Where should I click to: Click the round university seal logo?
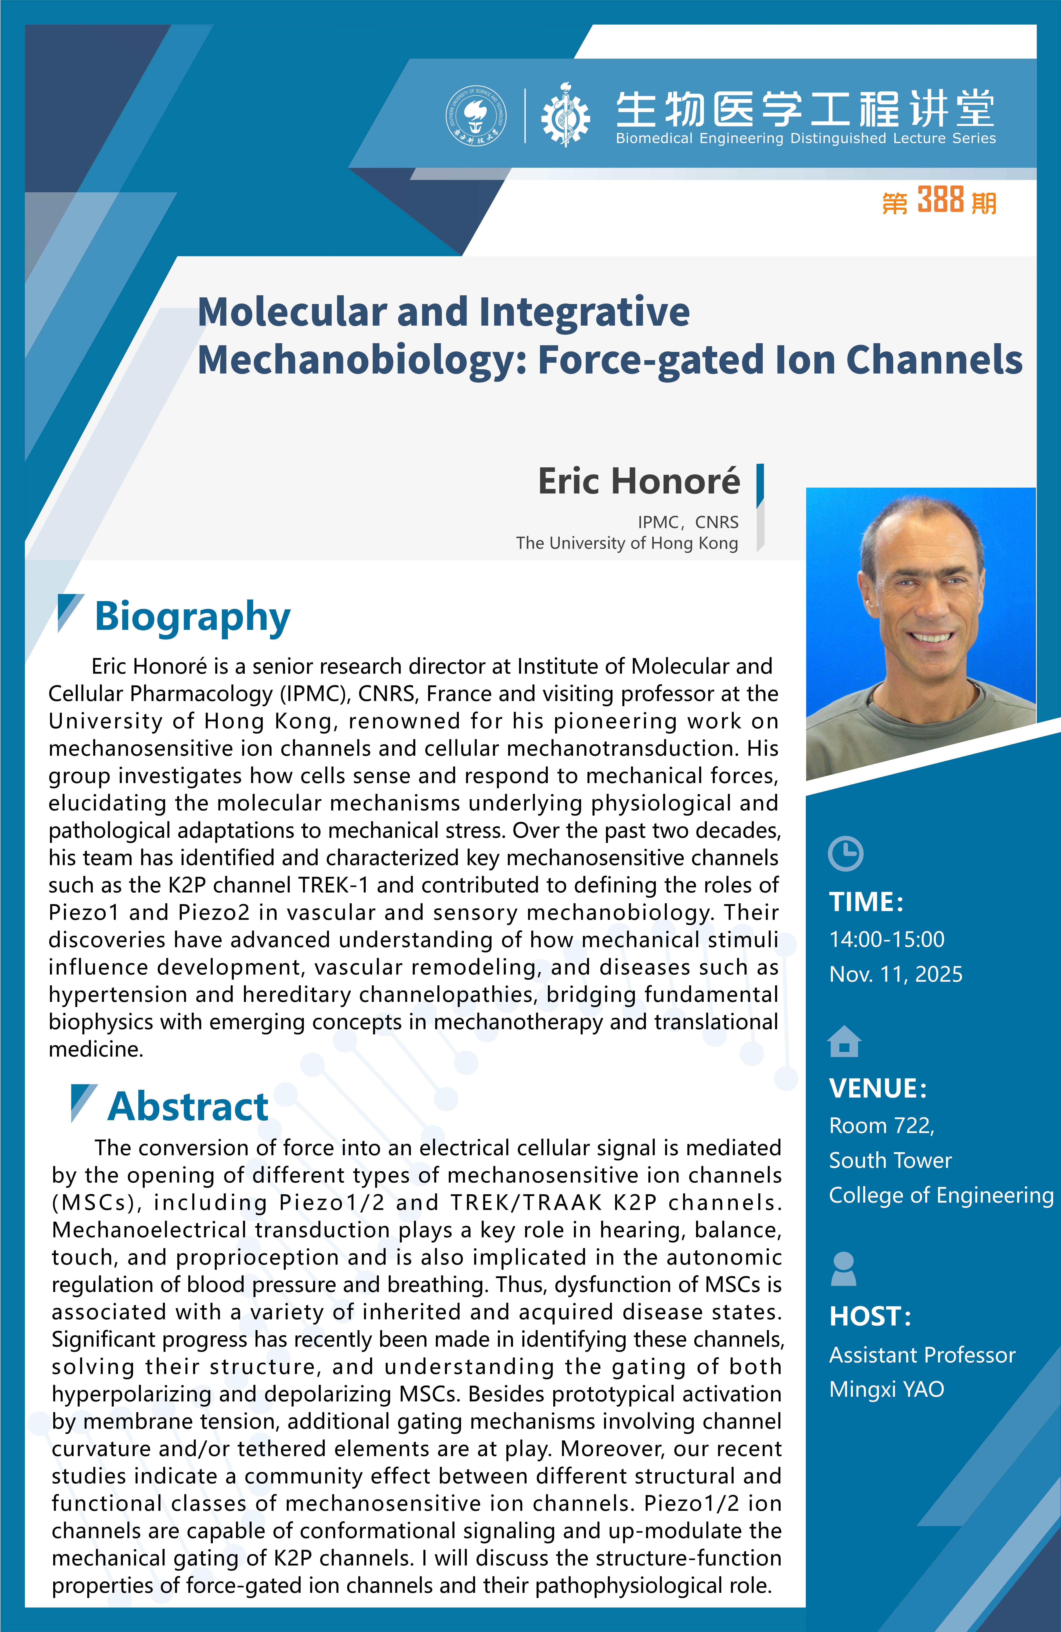[476, 115]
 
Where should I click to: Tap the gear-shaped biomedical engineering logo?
[565, 115]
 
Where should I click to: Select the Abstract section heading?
[188, 1106]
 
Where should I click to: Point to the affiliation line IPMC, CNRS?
[688, 523]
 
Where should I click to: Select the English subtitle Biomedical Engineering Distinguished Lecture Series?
[806, 139]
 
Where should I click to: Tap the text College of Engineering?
[941, 1195]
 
